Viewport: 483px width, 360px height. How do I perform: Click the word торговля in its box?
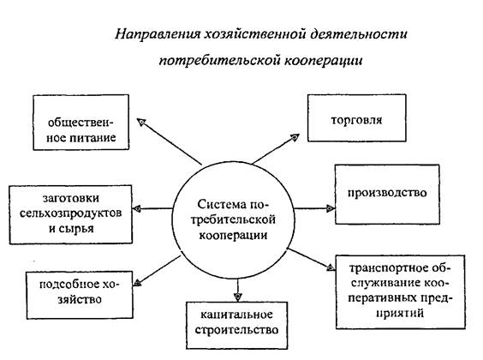click(x=356, y=120)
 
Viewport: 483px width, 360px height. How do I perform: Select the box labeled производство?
click(x=387, y=195)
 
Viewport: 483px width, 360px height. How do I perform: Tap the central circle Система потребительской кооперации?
click(x=233, y=219)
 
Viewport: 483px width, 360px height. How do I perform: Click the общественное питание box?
click(x=80, y=123)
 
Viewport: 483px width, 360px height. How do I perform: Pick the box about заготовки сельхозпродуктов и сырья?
click(x=71, y=214)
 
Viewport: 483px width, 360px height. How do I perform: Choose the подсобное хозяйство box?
click(x=80, y=295)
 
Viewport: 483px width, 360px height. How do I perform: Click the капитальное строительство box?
click(x=236, y=325)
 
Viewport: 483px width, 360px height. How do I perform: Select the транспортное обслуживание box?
click(x=400, y=291)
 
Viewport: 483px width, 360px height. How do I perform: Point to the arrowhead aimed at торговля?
click(x=295, y=137)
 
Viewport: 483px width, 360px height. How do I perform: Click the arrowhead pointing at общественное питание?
click(x=141, y=123)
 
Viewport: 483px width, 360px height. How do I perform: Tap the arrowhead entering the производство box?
click(x=331, y=208)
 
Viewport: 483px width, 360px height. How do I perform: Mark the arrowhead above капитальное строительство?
click(x=237, y=297)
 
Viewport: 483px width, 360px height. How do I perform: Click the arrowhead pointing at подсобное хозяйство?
click(x=137, y=282)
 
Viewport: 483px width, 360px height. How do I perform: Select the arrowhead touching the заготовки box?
click(x=137, y=209)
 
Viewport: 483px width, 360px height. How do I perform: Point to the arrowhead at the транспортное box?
click(x=331, y=267)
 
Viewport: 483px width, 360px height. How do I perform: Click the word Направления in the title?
click(x=158, y=34)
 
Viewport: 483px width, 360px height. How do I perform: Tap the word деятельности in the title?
click(x=359, y=34)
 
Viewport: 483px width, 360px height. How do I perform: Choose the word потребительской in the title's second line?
click(x=218, y=60)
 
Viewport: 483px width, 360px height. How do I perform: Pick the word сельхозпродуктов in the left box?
click(x=70, y=213)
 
